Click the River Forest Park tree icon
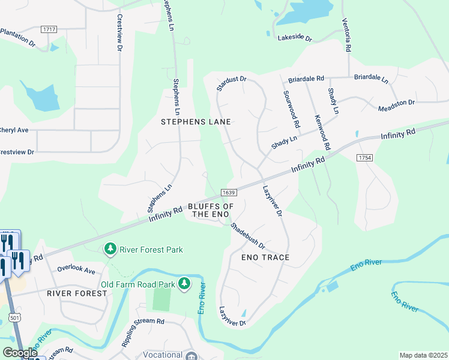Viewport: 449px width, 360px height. pyautogui.click(x=110, y=248)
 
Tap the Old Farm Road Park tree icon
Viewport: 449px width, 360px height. pyautogui.click(x=185, y=283)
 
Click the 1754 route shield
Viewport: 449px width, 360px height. pyautogui.click(x=364, y=157)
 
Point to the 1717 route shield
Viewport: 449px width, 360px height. pyautogui.click(x=49, y=29)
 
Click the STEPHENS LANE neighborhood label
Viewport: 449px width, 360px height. pyautogui.click(x=196, y=122)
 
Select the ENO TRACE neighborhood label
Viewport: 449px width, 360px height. pyautogui.click(x=265, y=257)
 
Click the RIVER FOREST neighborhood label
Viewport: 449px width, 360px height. pyautogui.click(x=77, y=293)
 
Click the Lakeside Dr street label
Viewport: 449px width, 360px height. pyautogui.click(x=295, y=38)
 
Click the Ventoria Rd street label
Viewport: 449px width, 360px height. pyautogui.click(x=348, y=34)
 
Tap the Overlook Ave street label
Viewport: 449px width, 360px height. pyautogui.click(x=76, y=271)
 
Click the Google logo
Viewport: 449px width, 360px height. pyautogui.click(x=20, y=353)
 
